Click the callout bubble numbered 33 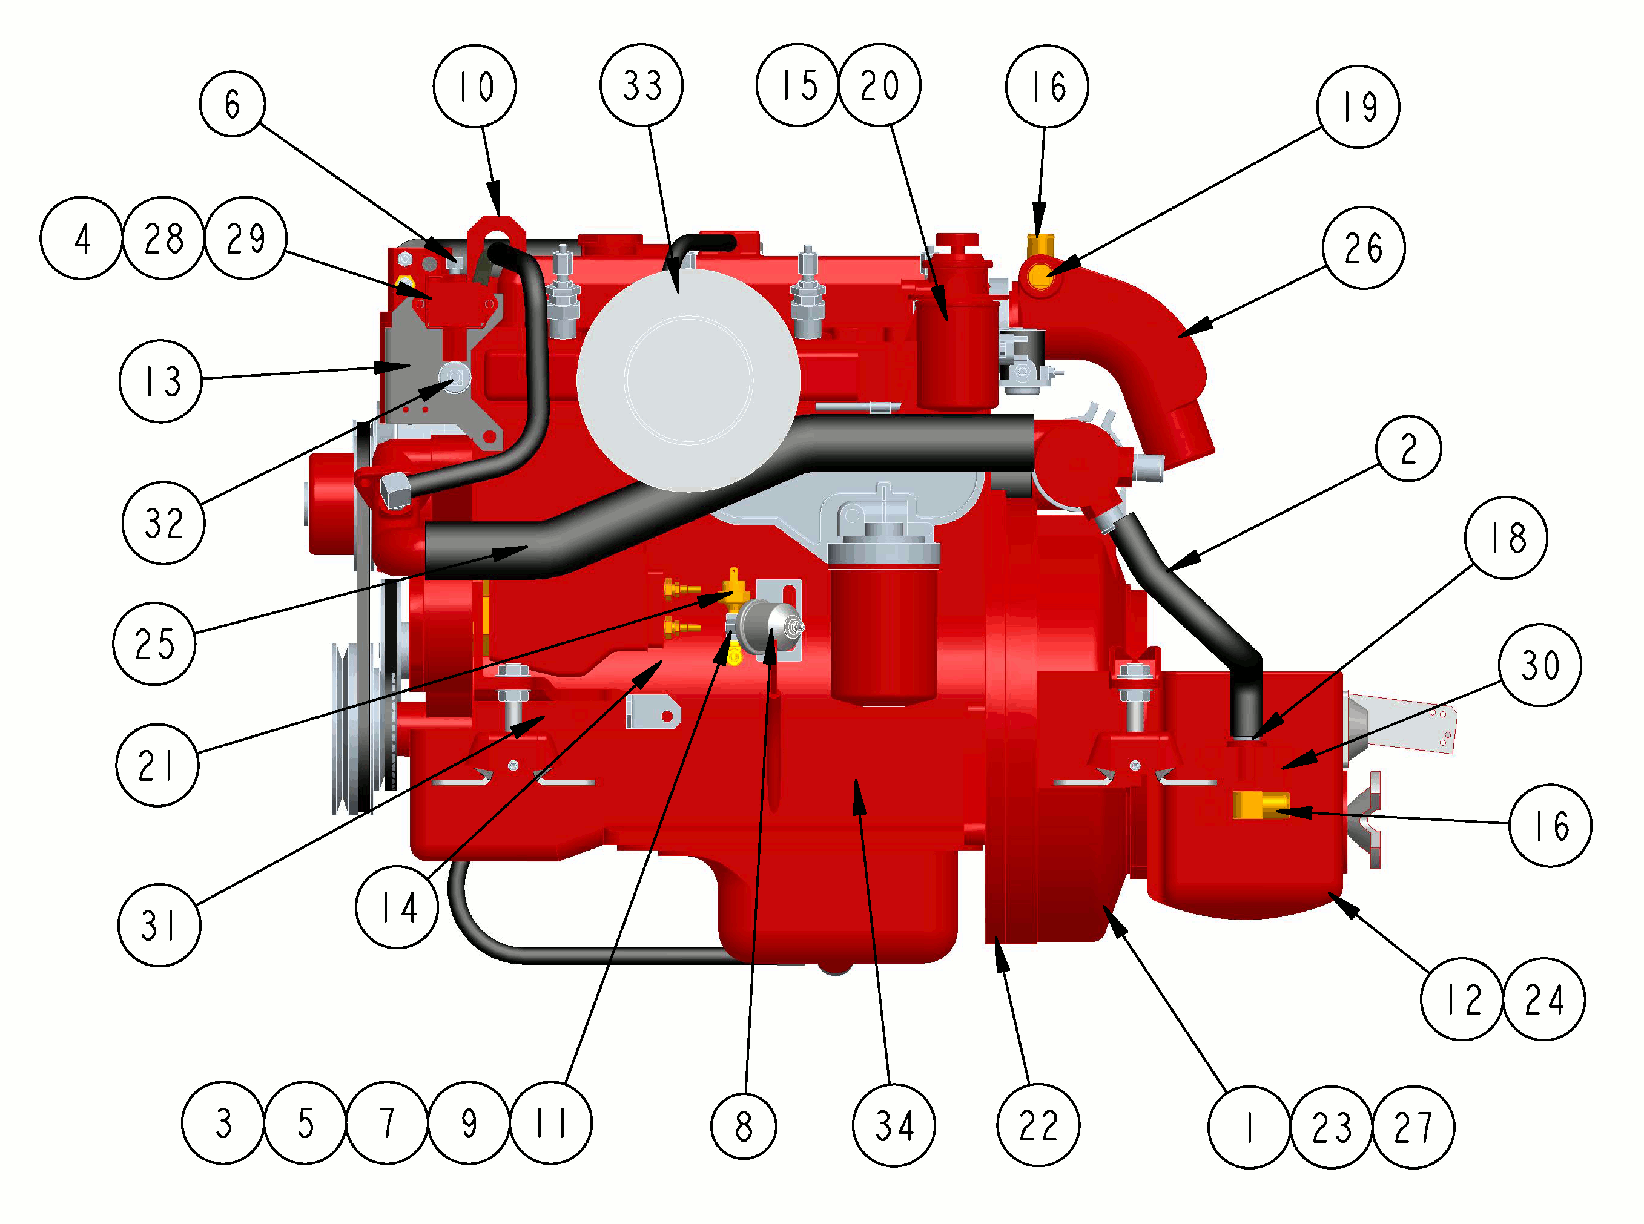coord(642,85)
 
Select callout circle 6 coord(233,104)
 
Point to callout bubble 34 coord(894,1125)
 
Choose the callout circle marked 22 coord(1038,1125)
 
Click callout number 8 coord(744,1126)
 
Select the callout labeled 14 coord(397,907)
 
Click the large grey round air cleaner coord(688,380)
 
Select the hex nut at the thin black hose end coord(395,490)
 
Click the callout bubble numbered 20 coord(880,85)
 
